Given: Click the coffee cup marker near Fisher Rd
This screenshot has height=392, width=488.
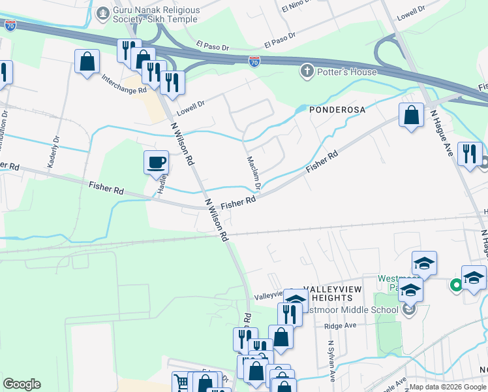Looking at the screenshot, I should (x=156, y=163).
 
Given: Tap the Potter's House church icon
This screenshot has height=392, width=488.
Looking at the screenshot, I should (x=307, y=71).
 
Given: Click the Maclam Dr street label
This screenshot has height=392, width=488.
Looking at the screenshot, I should (x=254, y=172).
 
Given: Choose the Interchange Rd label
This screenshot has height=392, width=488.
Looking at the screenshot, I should (x=124, y=84).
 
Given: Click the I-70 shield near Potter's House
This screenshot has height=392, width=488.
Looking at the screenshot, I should (x=254, y=61).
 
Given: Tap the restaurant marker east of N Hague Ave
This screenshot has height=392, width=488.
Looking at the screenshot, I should (x=470, y=154).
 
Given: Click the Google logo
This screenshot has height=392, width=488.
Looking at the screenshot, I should (x=22, y=384).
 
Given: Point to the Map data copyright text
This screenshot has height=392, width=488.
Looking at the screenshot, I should (x=447, y=387).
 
